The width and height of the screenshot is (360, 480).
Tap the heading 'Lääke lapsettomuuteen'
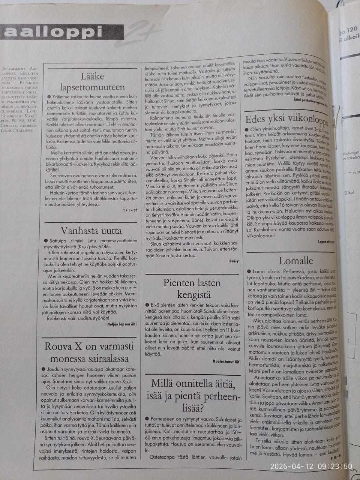point(92,82)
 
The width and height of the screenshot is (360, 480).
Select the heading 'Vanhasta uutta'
point(91,231)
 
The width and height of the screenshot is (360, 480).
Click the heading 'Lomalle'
point(295,261)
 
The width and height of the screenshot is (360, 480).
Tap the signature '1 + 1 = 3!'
point(129,210)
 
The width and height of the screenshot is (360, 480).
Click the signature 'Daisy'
point(234,261)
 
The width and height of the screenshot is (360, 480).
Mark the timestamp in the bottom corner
point(311,466)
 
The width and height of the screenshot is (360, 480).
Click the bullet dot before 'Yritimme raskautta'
point(49,97)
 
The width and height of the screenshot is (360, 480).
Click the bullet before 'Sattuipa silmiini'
point(46,241)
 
